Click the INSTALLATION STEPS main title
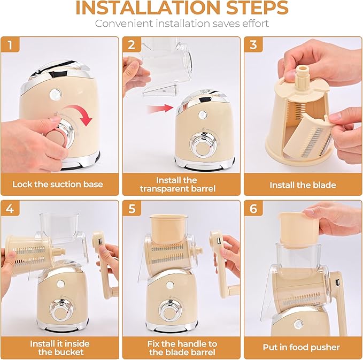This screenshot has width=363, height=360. tap(181, 9)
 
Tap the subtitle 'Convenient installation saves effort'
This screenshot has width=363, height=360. tap(181, 24)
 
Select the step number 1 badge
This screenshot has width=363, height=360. tap(11, 45)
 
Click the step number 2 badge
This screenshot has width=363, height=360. tap(132, 45)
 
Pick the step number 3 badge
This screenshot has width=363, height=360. tap(253, 45)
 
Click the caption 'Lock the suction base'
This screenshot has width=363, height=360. tap(58, 185)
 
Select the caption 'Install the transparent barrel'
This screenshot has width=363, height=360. tap(176, 185)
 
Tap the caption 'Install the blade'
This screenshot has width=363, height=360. tap(303, 185)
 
